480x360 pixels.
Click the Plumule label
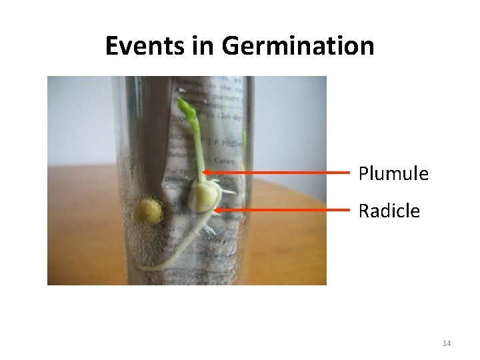click(x=393, y=174)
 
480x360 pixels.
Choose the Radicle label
click(x=389, y=211)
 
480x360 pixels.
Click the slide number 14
click(x=447, y=343)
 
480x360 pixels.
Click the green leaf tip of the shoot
click(x=185, y=105)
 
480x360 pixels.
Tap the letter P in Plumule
click(x=364, y=174)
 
